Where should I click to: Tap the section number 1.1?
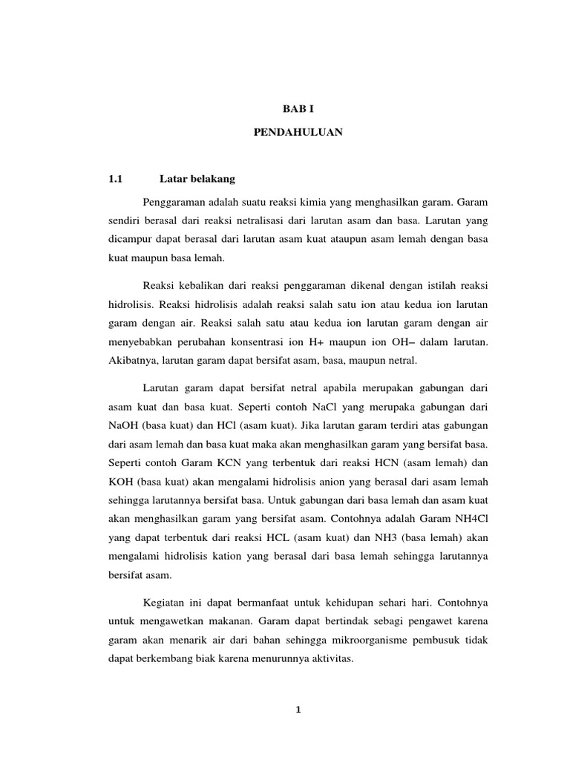[114, 180]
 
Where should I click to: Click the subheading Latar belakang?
[197, 180]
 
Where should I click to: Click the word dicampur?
[130, 240]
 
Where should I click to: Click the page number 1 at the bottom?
[297, 710]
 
